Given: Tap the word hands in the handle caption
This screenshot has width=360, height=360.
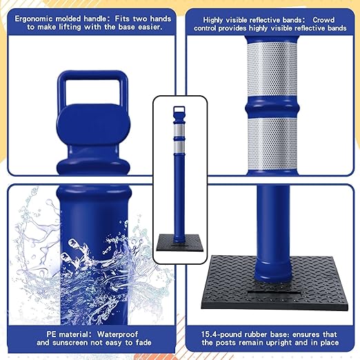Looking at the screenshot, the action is (x=161, y=19).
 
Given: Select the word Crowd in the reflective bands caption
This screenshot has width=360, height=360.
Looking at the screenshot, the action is (x=323, y=20).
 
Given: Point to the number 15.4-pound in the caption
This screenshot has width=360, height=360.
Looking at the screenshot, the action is (x=221, y=334).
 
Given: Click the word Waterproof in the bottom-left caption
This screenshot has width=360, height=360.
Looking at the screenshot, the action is (x=117, y=334).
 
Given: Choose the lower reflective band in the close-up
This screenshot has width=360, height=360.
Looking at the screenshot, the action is (x=272, y=144).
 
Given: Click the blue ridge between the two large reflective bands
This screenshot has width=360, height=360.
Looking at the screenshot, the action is (x=272, y=108).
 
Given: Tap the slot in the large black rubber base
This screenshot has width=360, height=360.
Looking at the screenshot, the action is (x=274, y=293).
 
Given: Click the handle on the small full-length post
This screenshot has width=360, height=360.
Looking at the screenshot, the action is (x=179, y=109).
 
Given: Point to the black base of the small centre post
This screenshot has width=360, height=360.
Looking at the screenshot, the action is (x=179, y=243).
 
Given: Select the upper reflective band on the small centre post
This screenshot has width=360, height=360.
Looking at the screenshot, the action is (x=179, y=131).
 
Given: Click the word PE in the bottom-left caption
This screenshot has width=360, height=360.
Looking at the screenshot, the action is (x=51, y=334).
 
